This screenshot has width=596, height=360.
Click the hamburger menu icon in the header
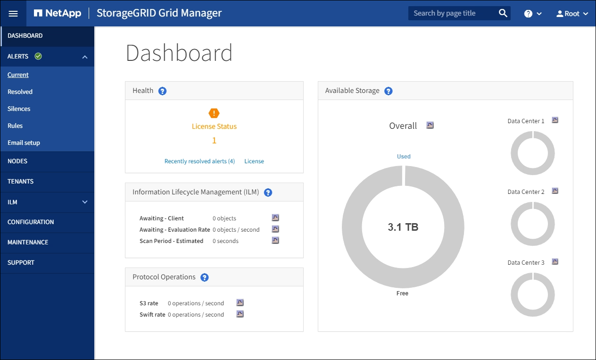(13, 13)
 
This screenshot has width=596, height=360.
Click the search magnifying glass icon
(503, 13)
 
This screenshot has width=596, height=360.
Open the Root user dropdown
(572, 14)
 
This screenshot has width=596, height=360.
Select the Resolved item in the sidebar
(20, 92)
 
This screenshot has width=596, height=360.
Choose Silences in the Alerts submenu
(19, 109)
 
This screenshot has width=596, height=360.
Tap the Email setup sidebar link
(24, 143)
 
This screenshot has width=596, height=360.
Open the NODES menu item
(17, 161)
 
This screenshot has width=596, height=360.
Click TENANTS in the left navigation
(21, 182)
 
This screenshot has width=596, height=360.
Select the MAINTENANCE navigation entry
(28, 243)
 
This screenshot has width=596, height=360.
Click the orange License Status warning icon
(214, 113)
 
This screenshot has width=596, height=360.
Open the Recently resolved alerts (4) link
(199, 161)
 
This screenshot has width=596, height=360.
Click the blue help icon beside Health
(163, 91)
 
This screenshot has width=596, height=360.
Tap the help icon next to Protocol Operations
(205, 277)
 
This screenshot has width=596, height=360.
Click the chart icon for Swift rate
(240, 314)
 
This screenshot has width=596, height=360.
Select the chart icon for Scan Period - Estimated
(275, 241)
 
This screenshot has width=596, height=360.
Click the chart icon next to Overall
(430, 126)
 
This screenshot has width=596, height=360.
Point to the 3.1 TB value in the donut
(403, 227)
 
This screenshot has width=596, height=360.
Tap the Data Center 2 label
(526, 192)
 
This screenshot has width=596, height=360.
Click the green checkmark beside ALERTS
(38, 57)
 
